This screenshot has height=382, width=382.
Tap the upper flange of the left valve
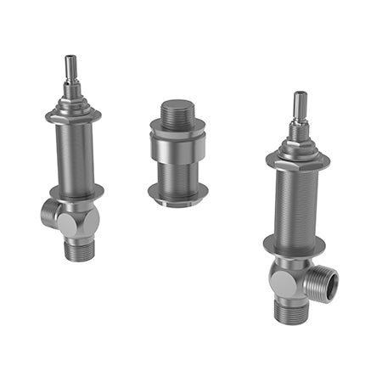click(74, 115)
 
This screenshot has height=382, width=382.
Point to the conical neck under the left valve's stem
click(71, 98)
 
